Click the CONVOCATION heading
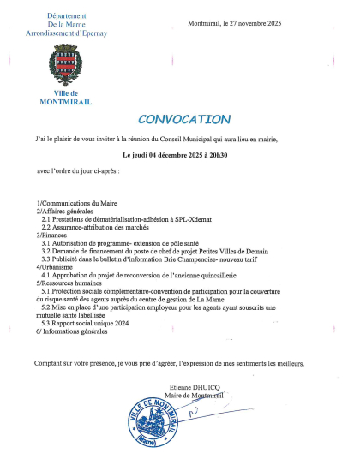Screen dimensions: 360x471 [x=184, y=119]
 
